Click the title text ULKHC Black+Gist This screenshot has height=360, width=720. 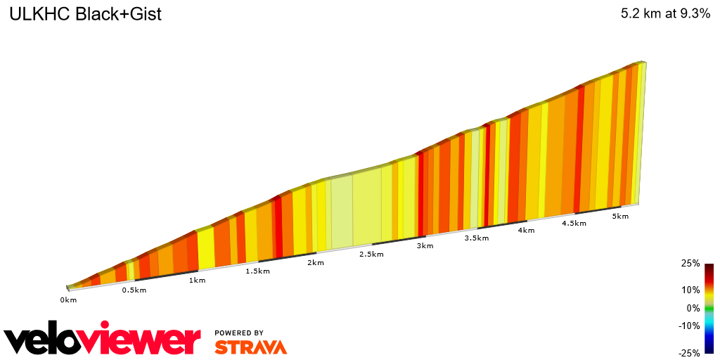coord(85,14)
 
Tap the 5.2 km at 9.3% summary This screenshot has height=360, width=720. coord(665,14)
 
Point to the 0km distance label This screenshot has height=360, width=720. coord(67,300)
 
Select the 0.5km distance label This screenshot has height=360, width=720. coord(134,290)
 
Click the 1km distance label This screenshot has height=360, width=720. coord(197,281)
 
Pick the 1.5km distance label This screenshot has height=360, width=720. coord(257,271)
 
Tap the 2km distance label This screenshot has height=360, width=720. coord(315,263)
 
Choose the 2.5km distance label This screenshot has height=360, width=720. coord(372,254)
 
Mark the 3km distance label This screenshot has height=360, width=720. coord(425,246)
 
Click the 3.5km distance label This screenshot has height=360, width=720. coord(476,238)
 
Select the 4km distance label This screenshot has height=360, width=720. coord(526,231)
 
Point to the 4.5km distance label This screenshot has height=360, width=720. coord(574,224)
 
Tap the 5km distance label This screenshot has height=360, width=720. coord(620,217)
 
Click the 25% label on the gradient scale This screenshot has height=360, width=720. coord(690,264)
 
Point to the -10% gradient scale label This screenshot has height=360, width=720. coord(688,326)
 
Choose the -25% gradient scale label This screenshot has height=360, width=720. coord(688,353)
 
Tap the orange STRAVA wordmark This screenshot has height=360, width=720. coord(250,347)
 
